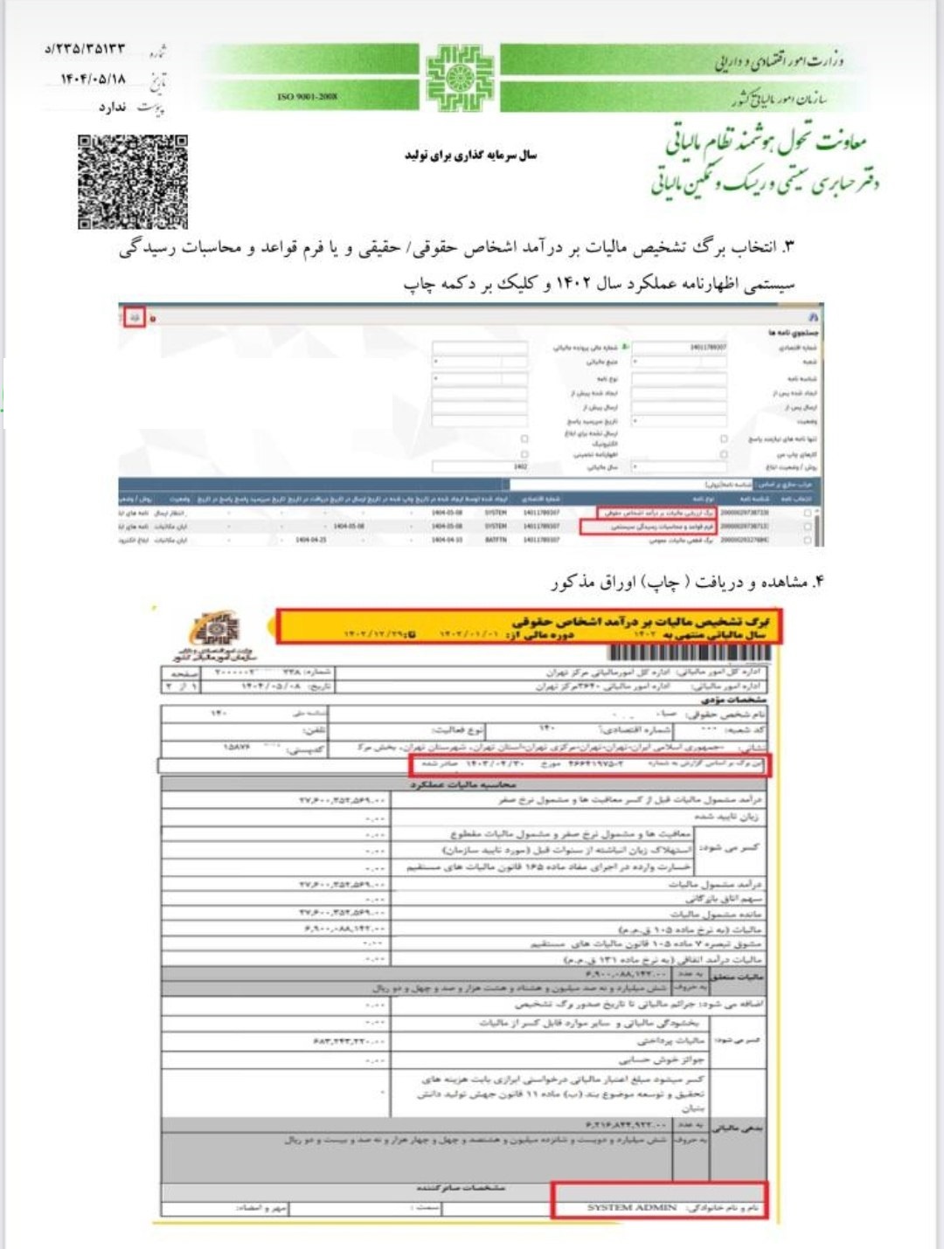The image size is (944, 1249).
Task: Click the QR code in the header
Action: (132, 182)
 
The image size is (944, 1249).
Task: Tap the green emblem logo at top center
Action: (460, 78)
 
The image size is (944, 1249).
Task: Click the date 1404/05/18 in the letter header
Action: (93, 79)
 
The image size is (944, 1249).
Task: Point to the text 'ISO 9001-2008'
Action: (307, 97)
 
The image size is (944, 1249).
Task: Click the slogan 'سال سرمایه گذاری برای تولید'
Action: (470, 155)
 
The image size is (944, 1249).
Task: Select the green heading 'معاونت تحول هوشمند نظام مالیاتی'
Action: (766, 140)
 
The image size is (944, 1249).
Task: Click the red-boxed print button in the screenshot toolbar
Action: (134, 318)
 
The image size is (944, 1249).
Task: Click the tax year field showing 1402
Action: (480, 466)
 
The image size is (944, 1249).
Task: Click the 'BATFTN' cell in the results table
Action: (496, 541)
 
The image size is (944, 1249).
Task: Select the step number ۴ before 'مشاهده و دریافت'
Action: (818, 582)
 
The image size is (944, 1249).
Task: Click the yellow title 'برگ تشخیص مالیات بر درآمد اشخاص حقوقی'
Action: (642, 621)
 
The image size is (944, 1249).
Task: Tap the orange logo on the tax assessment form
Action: (216, 630)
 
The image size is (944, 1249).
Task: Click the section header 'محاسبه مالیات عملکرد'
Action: (463, 784)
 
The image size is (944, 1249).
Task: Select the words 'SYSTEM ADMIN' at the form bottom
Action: (632, 1207)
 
